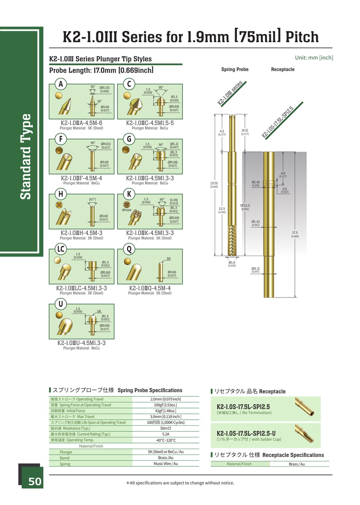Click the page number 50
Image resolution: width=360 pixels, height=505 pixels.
click(x=34, y=481)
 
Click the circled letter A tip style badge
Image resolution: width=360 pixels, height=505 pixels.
click(x=61, y=84)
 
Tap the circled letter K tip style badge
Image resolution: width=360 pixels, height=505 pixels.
click(x=129, y=194)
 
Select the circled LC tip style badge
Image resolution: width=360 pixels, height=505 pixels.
click(x=61, y=249)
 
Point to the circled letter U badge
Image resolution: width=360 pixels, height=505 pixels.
click(x=61, y=304)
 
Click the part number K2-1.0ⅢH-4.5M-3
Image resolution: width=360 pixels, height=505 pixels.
click(x=81, y=233)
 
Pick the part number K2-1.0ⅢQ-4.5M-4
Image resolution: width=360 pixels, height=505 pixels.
click(x=150, y=288)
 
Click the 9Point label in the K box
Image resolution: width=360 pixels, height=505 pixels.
click(x=127, y=210)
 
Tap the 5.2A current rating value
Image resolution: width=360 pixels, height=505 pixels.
click(x=165, y=434)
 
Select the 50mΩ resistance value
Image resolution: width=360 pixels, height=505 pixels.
click(x=165, y=428)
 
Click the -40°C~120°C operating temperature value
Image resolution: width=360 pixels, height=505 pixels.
click(x=165, y=440)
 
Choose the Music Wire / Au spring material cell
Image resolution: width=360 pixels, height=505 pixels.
click(x=165, y=464)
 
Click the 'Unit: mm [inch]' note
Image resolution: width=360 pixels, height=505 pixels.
click(x=314, y=58)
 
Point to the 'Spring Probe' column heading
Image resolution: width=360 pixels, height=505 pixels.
click(x=235, y=69)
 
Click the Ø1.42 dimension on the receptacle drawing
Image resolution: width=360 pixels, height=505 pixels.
click(x=255, y=182)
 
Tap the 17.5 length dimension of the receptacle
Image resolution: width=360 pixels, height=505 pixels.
click(x=295, y=233)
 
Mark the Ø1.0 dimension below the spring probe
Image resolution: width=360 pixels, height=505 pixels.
click(x=232, y=262)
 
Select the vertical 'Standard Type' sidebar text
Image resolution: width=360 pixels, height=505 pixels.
click(x=26, y=157)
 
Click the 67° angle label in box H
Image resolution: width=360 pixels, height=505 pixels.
click(x=92, y=200)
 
